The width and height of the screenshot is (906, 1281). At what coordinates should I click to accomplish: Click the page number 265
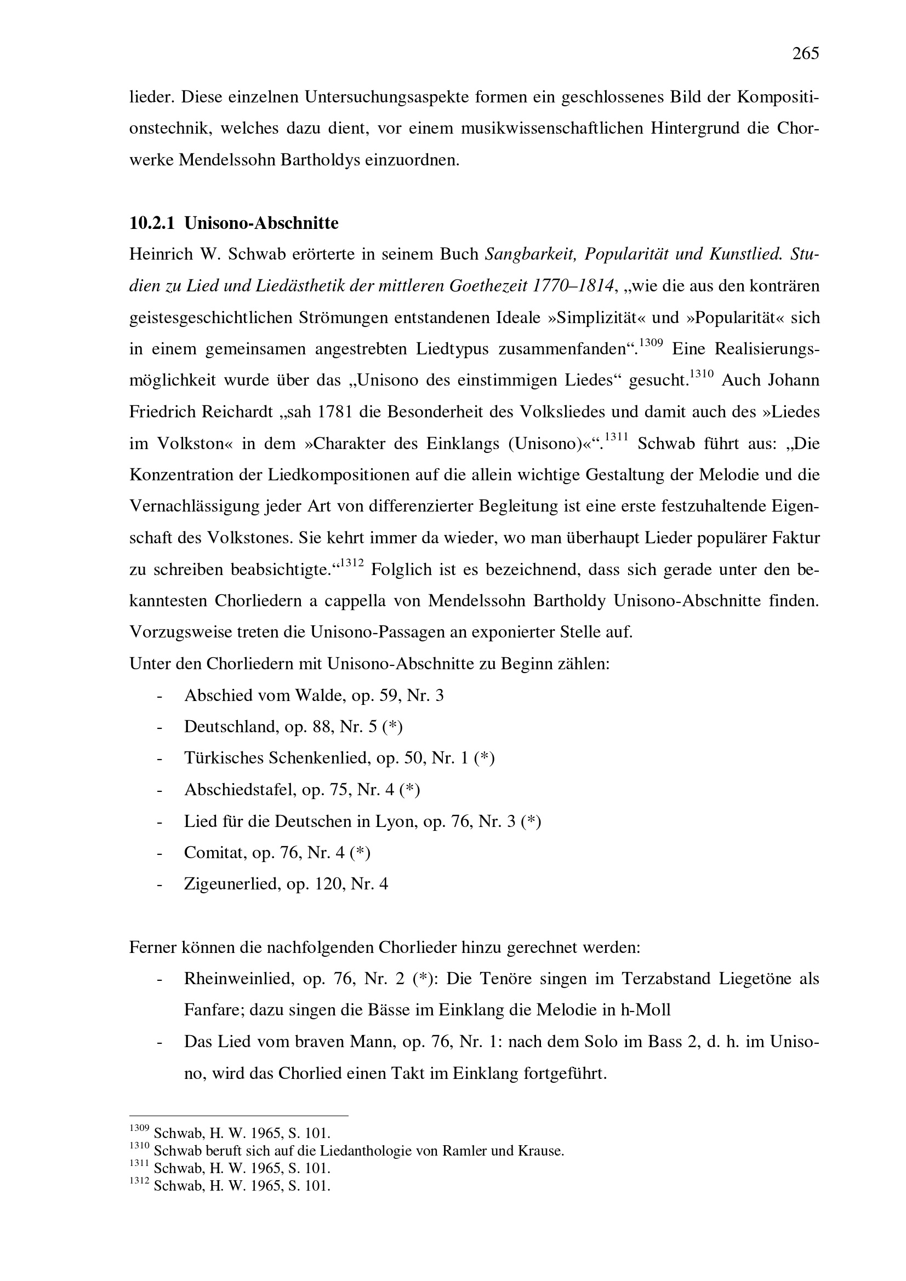806,54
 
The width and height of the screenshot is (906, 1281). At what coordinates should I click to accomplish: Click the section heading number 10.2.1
152,223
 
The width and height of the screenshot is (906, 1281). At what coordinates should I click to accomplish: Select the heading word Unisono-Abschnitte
261,223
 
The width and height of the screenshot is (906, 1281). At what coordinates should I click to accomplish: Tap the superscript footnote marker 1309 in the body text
651,342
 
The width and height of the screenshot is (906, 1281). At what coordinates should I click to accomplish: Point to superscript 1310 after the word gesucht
702,374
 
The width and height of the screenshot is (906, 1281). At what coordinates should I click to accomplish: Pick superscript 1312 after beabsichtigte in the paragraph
352,563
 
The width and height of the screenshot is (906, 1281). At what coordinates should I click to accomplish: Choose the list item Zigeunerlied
231,884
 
